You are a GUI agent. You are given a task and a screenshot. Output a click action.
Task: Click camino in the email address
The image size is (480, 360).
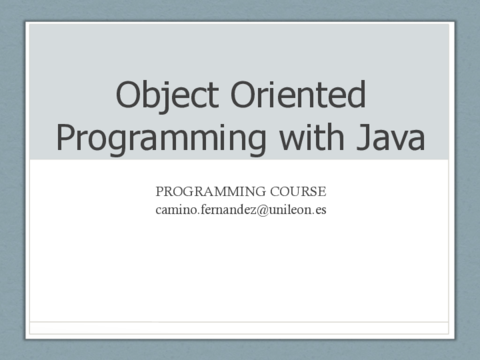click(176, 210)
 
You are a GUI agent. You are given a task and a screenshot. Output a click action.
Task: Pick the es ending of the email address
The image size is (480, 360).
click(320, 210)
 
